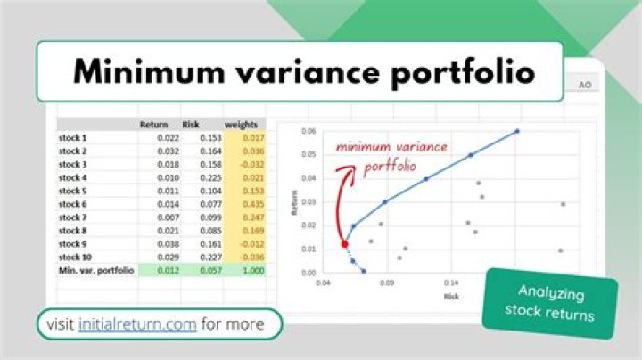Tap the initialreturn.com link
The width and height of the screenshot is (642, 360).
136,324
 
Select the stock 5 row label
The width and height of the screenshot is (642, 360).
72,191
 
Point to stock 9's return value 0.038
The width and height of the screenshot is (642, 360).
167,243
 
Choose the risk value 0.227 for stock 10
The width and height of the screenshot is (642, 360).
210,257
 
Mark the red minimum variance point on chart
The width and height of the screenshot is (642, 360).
344,243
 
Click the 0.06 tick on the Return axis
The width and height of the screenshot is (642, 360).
310,131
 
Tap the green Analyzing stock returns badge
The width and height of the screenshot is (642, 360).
552,301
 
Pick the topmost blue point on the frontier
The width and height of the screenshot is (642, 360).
517,131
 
